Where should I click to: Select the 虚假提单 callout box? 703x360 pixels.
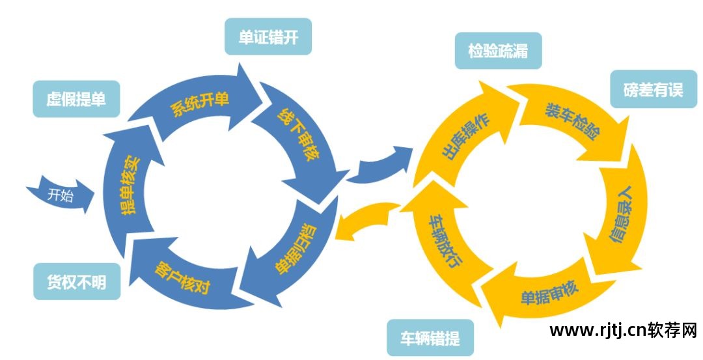[x=76, y=99]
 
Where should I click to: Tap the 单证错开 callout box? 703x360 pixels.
[x=268, y=38]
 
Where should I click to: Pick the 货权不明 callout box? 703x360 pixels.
[x=76, y=282]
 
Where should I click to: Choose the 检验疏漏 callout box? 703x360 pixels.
[x=497, y=51]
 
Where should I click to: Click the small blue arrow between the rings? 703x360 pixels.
[x=380, y=165]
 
